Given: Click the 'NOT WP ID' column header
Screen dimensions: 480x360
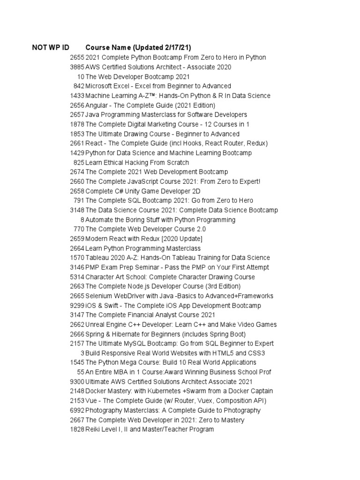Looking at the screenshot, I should tap(51, 48).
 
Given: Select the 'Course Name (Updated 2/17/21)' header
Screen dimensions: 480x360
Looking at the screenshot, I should tap(138, 48).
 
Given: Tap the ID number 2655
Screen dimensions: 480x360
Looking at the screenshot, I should tap(77, 58).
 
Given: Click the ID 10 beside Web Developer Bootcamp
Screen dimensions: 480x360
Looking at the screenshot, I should tap(81, 77).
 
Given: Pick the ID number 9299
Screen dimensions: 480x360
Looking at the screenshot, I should tap(77, 306).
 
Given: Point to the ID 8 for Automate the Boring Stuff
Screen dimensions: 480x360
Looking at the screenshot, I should tap(82, 220).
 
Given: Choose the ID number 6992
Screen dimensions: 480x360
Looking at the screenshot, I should tap(77, 411).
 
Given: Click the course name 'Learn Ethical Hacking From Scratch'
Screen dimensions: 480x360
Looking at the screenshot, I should tap(137, 163).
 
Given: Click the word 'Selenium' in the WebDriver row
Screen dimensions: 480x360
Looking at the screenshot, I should tap(99, 296).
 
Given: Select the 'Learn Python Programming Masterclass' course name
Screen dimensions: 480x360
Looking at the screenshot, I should tap(143, 248).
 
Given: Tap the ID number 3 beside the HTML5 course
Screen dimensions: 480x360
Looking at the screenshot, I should tap(82, 353).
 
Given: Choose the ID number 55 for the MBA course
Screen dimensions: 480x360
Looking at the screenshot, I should tap(81, 372).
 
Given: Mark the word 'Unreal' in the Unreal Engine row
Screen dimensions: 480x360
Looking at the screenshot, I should tap(96, 325).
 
